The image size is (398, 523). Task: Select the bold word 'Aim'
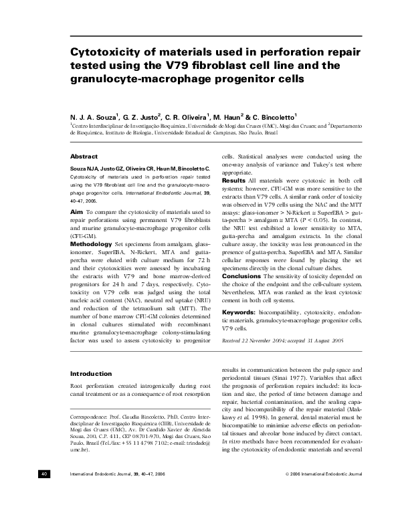(x=76, y=211)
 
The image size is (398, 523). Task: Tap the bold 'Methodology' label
(x=92, y=245)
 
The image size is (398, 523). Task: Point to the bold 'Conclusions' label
(x=242, y=295)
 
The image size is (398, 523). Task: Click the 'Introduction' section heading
(x=91, y=374)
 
